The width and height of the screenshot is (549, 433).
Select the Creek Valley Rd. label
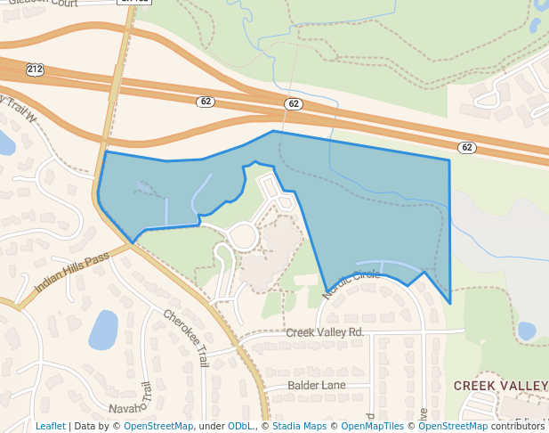click(325, 332)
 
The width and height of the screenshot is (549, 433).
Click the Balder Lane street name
click(316, 385)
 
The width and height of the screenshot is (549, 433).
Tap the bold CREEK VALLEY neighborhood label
click(501, 385)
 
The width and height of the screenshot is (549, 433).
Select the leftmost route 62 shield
click(206, 102)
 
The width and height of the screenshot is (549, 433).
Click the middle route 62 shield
click(294, 104)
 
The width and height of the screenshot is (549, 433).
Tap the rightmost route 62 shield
click(467, 146)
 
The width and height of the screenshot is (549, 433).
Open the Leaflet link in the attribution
click(51, 426)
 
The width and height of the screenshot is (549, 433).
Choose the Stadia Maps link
click(299, 426)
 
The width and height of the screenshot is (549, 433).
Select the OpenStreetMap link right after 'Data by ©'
click(158, 426)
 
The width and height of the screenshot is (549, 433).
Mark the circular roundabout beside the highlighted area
click(242, 237)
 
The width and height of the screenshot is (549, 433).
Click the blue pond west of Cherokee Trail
click(103, 330)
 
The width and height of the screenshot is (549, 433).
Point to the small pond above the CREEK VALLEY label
click(527, 331)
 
